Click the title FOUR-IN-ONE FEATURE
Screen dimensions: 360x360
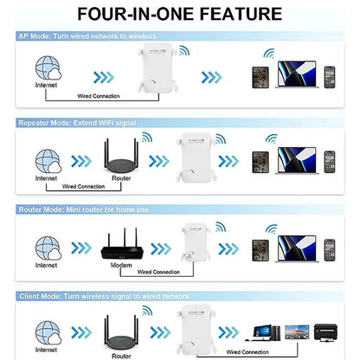tap(179, 15)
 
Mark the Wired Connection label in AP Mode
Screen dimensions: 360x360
tap(99, 97)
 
